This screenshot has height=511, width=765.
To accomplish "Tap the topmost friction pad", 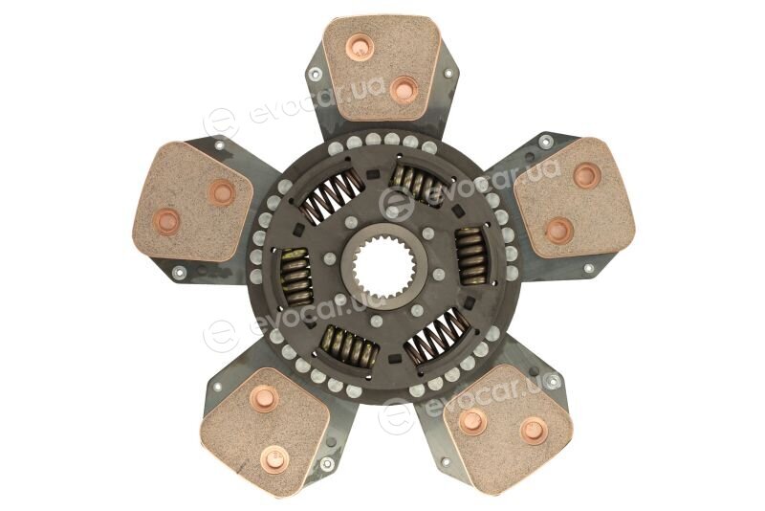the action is click(x=382, y=67).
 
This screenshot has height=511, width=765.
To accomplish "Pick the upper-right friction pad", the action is click(x=575, y=198).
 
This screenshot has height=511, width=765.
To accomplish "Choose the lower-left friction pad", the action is click(x=265, y=426).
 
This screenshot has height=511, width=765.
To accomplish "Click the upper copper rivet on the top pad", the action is click(x=360, y=47).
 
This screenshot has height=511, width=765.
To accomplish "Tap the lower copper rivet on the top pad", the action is click(x=404, y=90).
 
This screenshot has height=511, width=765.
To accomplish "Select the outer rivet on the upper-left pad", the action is click(x=166, y=221).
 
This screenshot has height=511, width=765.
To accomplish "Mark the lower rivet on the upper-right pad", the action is click(x=559, y=231).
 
